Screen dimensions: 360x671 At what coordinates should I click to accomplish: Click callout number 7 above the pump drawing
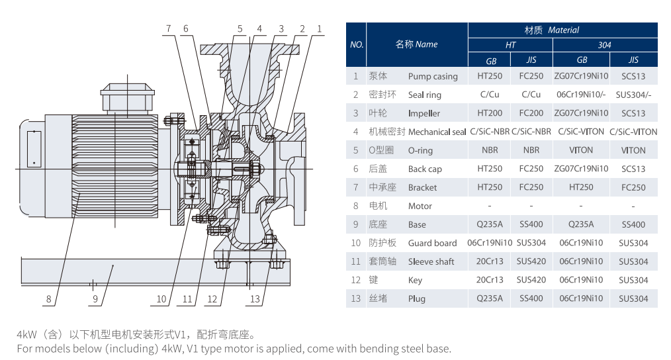click(168, 28)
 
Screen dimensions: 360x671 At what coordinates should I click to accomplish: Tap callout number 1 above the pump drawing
click(320, 28)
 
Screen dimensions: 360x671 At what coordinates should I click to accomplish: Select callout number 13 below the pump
click(255, 299)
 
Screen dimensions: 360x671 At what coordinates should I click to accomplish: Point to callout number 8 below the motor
click(48, 299)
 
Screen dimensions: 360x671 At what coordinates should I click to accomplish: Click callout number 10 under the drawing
click(161, 299)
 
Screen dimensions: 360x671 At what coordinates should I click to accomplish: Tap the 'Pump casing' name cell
click(433, 76)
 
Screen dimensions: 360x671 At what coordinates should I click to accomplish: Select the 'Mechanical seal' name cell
click(437, 132)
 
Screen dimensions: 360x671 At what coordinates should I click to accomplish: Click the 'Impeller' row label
click(424, 113)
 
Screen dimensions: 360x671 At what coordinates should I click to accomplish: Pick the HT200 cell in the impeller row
click(490, 113)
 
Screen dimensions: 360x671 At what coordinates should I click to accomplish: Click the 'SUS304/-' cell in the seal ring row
click(633, 95)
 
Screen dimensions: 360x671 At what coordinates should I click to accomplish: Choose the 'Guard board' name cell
click(432, 243)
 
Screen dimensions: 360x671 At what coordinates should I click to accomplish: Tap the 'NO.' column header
click(357, 45)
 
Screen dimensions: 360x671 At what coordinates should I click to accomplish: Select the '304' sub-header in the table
click(604, 45)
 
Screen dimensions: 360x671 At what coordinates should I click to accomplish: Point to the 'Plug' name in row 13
click(417, 298)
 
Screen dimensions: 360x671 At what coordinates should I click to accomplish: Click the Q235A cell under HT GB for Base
click(490, 224)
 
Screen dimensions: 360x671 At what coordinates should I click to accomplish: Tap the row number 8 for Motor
click(356, 206)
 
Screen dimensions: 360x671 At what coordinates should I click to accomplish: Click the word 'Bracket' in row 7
click(422, 187)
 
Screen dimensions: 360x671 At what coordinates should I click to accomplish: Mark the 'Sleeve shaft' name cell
click(431, 261)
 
